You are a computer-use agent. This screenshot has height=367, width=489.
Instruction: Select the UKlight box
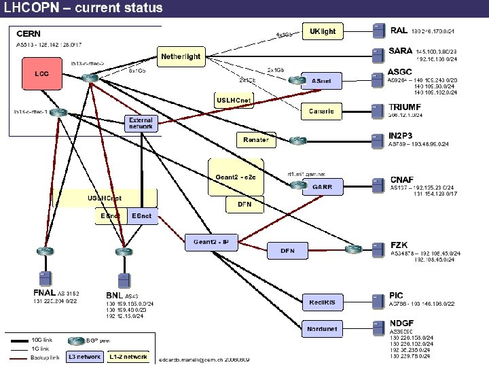click(x=323, y=31)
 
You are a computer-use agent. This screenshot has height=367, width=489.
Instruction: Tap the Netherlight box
click(x=181, y=56)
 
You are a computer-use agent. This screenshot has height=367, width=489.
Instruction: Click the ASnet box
click(x=322, y=81)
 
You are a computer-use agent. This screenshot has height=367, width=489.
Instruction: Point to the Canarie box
click(x=321, y=111)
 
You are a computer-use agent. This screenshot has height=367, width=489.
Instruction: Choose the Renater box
click(x=255, y=141)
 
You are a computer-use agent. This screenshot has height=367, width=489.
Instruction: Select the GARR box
click(x=323, y=188)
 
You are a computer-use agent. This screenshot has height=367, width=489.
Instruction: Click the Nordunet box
click(x=323, y=329)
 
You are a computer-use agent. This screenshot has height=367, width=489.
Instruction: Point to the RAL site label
click(x=399, y=31)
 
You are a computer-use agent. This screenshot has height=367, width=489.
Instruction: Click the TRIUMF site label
click(x=405, y=107)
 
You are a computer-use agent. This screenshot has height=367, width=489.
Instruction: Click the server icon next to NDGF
click(x=378, y=327)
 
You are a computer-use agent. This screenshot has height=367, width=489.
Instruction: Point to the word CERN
click(x=29, y=33)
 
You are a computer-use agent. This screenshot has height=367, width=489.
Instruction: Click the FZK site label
click(x=399, y=245)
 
